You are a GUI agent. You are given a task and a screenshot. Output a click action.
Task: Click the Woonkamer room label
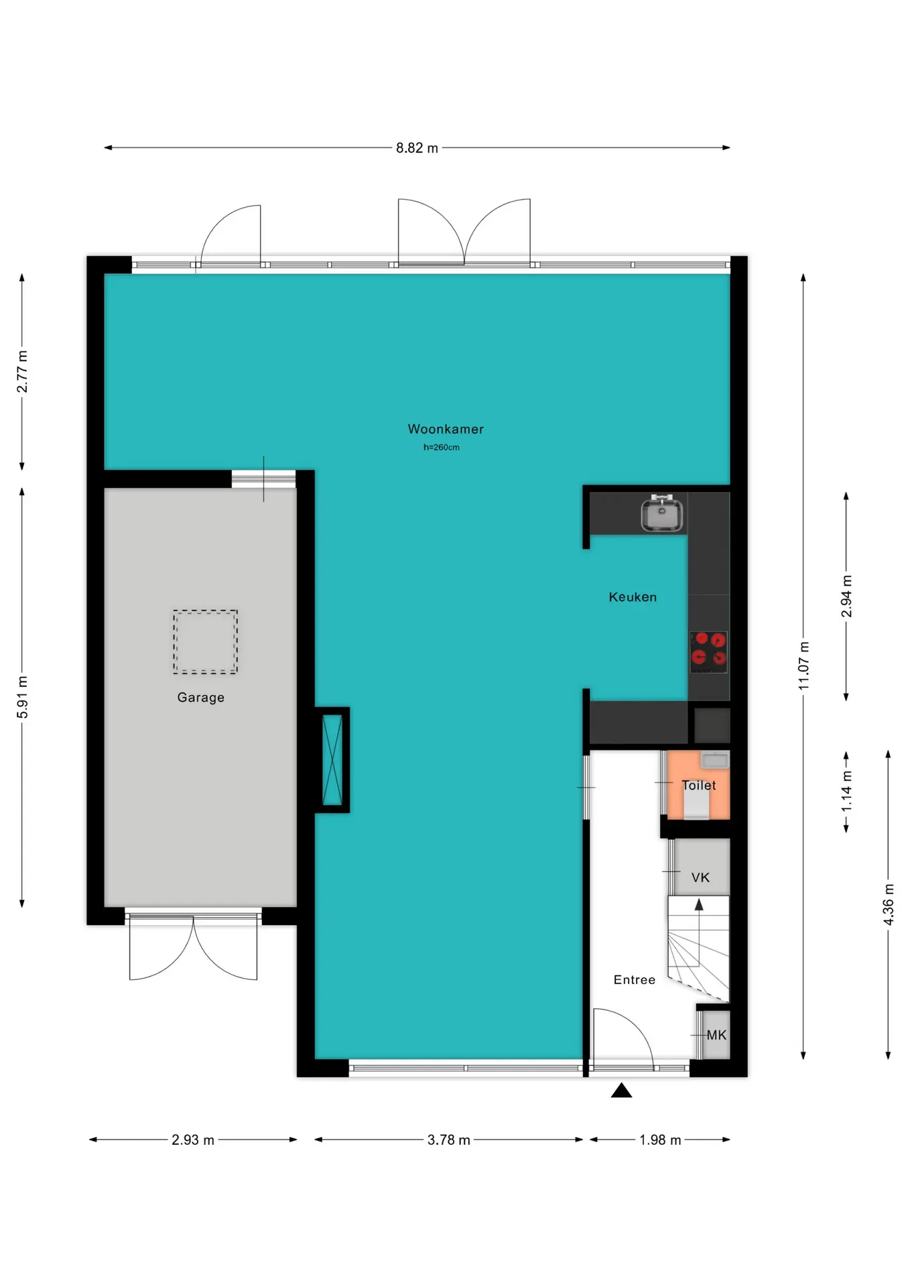click(x=446, y=429)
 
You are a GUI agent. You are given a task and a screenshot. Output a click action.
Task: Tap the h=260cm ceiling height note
click(x=442, y=447)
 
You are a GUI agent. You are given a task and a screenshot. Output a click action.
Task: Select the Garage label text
click(x=201, y=697)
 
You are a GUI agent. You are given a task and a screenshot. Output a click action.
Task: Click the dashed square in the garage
click(x=205, y=641)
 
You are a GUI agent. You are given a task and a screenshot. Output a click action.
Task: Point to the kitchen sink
click(x=662, y=515)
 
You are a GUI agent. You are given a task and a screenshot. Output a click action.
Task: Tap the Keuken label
click(x=633, y=597)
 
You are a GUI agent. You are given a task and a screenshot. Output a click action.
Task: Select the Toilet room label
click(x=699, y=785)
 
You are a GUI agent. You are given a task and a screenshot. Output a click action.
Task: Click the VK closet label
click(x=700, y=877)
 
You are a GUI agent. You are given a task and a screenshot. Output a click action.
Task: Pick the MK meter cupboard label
click(x=716, y=1035)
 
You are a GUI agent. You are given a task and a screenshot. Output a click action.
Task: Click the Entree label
click(x=635, y=979)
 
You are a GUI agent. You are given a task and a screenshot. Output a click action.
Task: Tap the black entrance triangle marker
click(x=621, y=1091)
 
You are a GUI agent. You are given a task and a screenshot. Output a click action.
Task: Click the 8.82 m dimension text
click(x=417, y=147)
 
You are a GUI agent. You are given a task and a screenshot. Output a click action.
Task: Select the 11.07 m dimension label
click(x=804, y=666)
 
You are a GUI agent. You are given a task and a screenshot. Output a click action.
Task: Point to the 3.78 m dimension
click(x=449, y=1140)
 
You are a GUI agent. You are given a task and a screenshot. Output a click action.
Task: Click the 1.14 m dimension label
click(x=847, y=791)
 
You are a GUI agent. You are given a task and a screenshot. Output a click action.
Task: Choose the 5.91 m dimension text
click(x=23, y=697)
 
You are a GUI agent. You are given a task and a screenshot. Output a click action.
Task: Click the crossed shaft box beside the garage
click(x=332, y=759)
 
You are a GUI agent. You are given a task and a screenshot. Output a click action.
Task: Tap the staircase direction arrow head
click(x=699, y=904)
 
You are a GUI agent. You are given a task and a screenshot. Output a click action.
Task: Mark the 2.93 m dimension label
click(x=193, y=1140)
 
